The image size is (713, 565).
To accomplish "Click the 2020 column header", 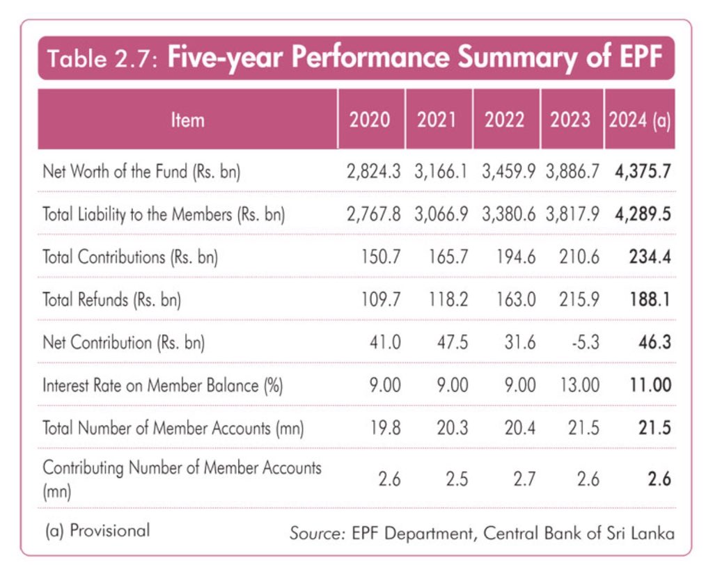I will coord(370,120).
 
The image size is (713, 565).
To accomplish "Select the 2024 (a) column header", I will coord(639,120).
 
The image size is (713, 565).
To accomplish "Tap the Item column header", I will coord(187,120).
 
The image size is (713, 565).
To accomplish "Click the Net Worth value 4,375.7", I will coord(643,171).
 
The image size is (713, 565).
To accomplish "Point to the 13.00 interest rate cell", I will coord(577,385).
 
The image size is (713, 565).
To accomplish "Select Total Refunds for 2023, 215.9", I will coord(577,300).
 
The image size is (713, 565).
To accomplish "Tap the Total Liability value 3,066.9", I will coord(441,214).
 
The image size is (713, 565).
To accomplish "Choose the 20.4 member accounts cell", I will coord(515,427).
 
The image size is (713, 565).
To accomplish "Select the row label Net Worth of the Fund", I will coord(141,171).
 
